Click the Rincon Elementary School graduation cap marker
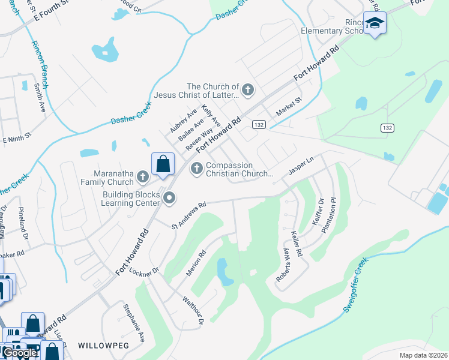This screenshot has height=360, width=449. click(x=375, y=23)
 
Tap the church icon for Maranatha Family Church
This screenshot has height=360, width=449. click(x=142, y=176)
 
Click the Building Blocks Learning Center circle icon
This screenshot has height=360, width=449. click(x=169, y=197)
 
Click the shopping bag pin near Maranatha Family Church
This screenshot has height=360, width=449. click(x=163, y=163)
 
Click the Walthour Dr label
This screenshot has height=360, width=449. click(x=194, y=310)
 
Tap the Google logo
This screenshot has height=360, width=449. click(x=19, y=352)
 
